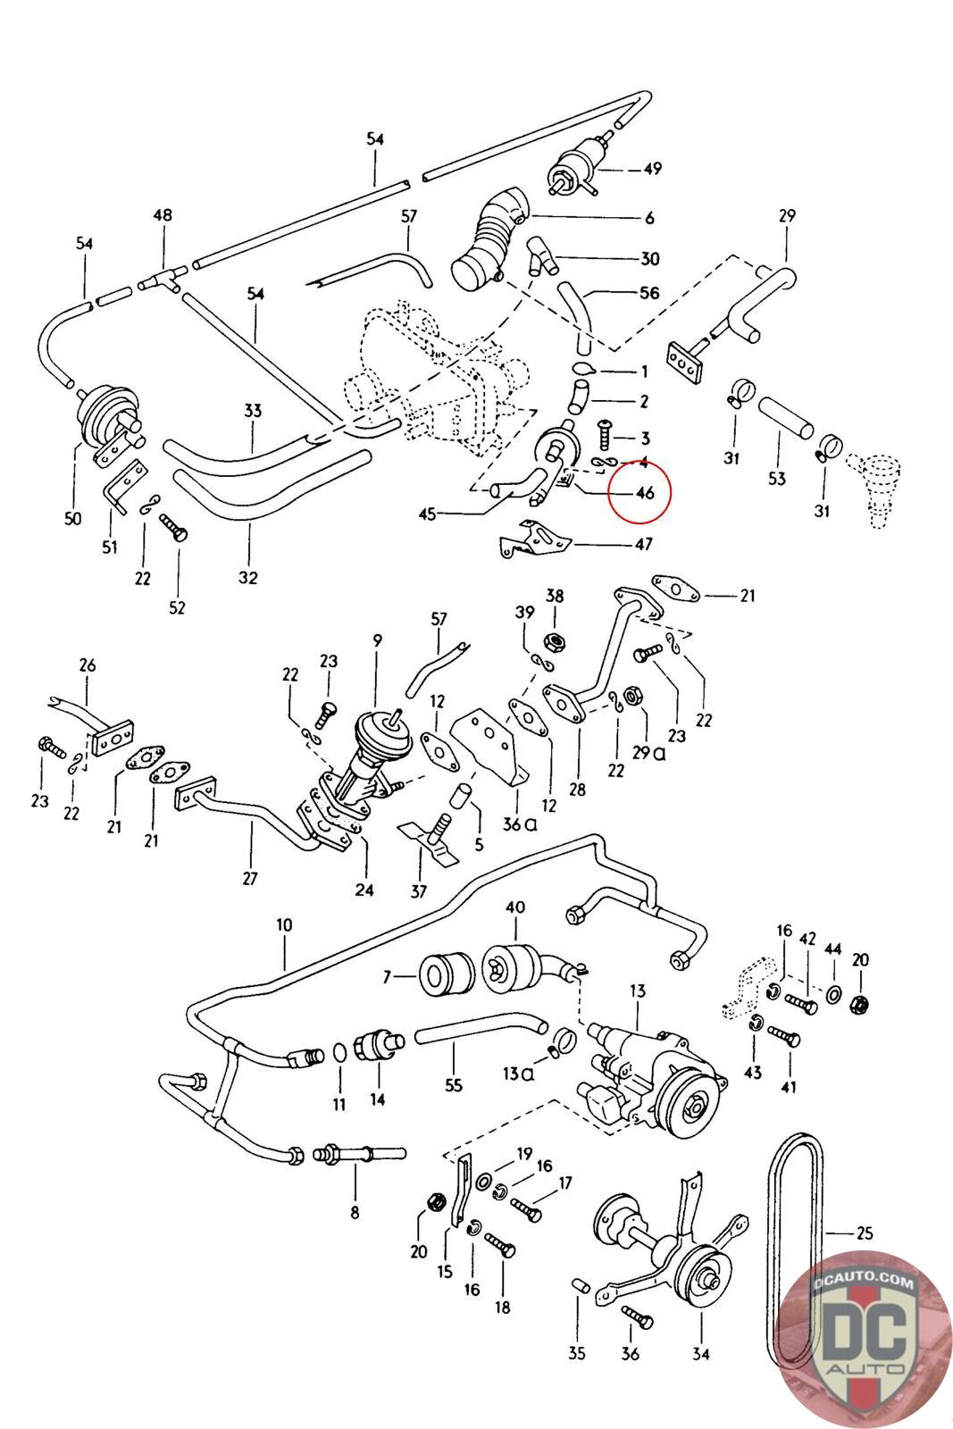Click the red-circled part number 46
point(644,492)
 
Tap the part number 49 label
point(652,169)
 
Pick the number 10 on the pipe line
point(284,925)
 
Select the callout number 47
point(643,544)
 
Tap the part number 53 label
point(776,478)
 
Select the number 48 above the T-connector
point(163,215)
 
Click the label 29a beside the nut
point(649,752)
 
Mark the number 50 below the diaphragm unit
point(72,518)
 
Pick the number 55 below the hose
point(454,1086)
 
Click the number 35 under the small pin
point(577,1353)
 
